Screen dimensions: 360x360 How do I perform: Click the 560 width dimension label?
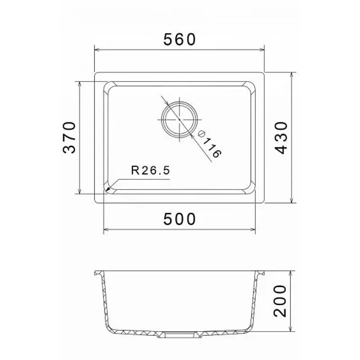click(180, 40)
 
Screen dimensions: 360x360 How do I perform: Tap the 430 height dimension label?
click(281, 138)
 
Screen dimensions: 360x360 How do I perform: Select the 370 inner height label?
click(69, 138)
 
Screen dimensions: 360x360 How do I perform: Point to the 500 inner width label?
click(180, 219)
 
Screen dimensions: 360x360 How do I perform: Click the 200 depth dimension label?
click(280, 301)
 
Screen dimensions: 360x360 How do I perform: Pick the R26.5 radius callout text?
click(151, 171)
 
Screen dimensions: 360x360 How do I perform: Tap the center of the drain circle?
click(179, 120)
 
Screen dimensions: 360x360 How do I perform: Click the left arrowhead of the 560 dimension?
click(97, 49)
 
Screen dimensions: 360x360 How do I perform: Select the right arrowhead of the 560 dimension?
click(261, 49)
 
